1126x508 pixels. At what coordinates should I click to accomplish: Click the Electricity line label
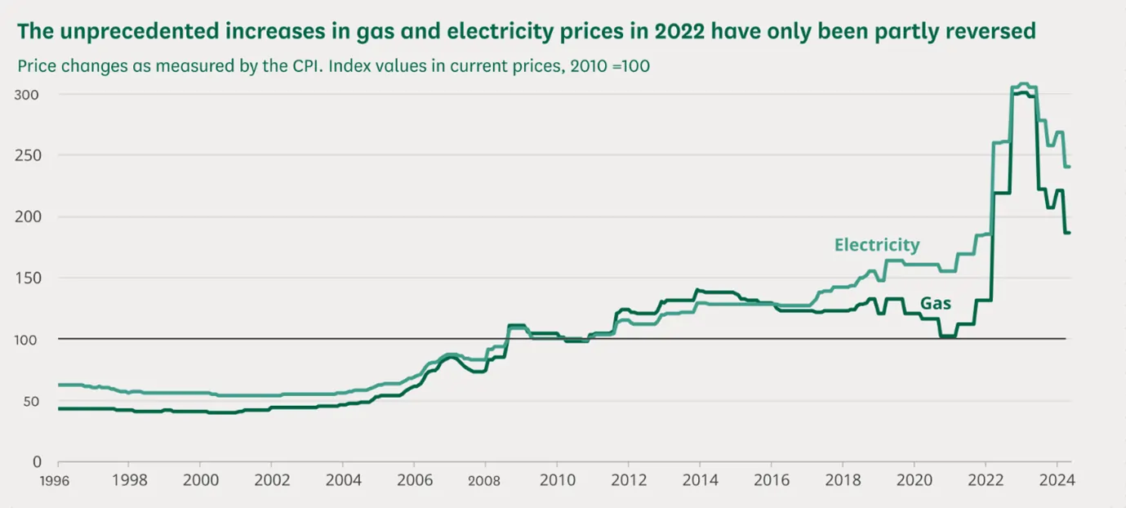(x=877, y=245)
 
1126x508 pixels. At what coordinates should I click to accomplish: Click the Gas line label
(x=936, y=304)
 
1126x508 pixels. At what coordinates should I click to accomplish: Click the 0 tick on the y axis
(x=36, y=461)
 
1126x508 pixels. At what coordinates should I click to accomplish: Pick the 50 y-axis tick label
(x=31, y=401)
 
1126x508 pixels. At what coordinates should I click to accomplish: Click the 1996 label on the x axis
(x=56, y=479)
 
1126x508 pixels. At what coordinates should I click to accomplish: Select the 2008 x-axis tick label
(x=484, y=479)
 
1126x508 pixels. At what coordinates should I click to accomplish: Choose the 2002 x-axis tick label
(x=271, y=479)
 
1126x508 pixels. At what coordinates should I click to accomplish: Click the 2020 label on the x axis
(x=914, y=479)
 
